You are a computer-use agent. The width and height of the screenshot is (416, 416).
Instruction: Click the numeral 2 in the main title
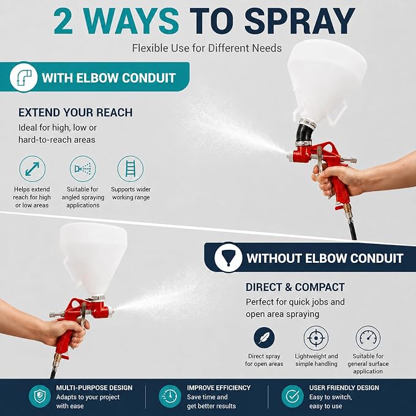tap(64, 21)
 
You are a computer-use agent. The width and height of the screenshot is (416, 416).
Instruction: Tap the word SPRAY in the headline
tap(300, 21)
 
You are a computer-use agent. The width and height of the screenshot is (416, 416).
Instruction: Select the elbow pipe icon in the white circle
tap(24, 77)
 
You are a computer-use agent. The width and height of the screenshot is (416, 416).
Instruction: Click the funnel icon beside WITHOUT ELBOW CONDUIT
tap(228, 257)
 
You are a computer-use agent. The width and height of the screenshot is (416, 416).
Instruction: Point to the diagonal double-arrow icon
tap(32, 168)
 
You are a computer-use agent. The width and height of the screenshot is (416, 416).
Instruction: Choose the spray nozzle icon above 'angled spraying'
tap(83, 168)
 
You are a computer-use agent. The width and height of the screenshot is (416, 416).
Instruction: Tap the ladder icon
tap(130, 168)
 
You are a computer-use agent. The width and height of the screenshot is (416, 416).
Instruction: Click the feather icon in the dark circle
tap(264, 338)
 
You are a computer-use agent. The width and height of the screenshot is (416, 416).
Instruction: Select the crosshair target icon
tap(316, 338)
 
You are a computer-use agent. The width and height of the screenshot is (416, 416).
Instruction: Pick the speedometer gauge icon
tap(368, 338)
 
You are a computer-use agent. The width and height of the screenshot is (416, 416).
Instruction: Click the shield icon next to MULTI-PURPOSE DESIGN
tap(40, 396)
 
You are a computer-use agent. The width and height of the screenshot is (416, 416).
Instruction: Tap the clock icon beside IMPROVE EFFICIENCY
tap(170, 396)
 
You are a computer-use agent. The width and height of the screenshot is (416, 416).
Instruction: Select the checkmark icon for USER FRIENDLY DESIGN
tap(293, 396)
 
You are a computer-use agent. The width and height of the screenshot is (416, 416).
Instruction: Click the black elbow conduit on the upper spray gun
tap(304, 133)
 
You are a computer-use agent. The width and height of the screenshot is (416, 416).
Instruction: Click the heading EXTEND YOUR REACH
tap(75, 113)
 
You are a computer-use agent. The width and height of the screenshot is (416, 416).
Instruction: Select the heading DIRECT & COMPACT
tap(295, 287)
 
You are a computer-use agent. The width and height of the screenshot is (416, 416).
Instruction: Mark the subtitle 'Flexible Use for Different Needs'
tap(207, 48)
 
